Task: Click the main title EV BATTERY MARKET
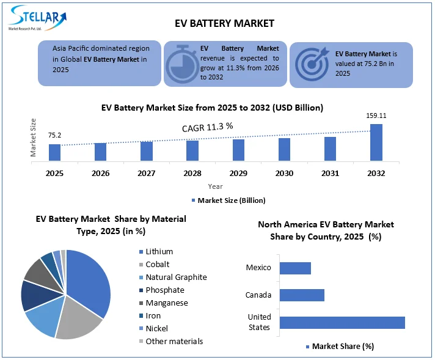click(x=224, y=23)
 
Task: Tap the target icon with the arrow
click(x=312, y=63)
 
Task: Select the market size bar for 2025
click(x=55, y=152)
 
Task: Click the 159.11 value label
click(x=376, y=116)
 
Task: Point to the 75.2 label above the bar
click(x=54, y=135)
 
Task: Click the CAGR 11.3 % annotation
click(x=208, y=127)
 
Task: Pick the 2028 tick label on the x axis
click(x=192, y=174)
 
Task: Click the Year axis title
click(x=215, y=186)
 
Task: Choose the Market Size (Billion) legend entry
click(x=228, y=200)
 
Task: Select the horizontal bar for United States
click(x=342, y=323)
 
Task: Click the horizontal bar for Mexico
click(x=295, y=268)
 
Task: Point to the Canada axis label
click(x=258, y=295)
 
